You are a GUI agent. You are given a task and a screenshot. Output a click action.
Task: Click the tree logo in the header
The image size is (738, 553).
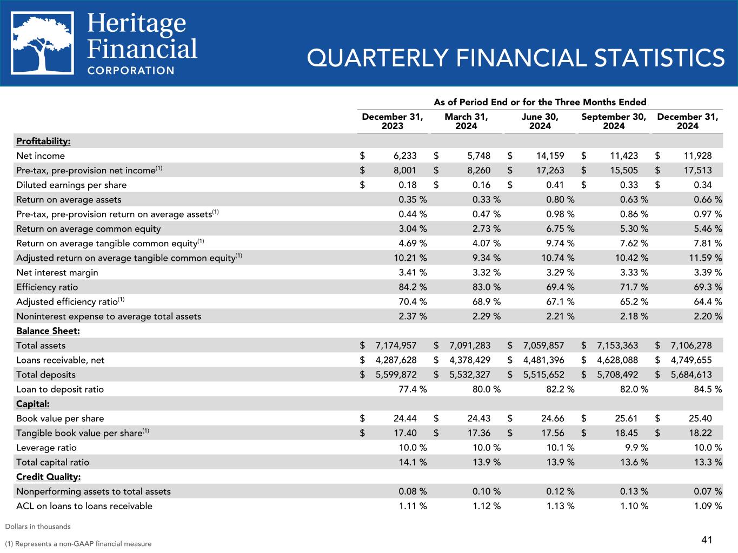(42, 43)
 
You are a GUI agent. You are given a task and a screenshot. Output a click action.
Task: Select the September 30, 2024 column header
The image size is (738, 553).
(614, 122)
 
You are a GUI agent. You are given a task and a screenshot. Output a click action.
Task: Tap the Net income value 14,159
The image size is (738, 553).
(550, 156)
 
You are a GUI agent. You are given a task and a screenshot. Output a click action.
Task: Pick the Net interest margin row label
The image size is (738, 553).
(57, 272)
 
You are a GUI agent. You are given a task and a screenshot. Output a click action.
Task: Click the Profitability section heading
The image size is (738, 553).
(43, 141)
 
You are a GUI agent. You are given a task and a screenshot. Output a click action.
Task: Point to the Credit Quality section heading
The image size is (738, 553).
(49, 477)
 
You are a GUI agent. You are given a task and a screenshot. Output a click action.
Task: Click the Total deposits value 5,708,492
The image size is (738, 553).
(617, 374)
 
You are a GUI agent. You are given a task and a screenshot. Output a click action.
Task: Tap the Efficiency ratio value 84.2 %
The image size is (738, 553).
(413, 287)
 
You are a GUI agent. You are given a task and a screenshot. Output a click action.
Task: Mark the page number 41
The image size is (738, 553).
(707, 539)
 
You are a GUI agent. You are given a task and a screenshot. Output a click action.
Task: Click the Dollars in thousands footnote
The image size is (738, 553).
(38, 526)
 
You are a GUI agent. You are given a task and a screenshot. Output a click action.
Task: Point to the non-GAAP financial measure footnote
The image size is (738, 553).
(78, 544)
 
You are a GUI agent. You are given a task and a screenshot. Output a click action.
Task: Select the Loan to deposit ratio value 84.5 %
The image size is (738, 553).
(708, 389)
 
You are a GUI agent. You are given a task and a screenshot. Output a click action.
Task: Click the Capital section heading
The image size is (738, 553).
(33, 403)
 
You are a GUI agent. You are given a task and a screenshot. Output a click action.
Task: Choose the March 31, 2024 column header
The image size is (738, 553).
(466, 122)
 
